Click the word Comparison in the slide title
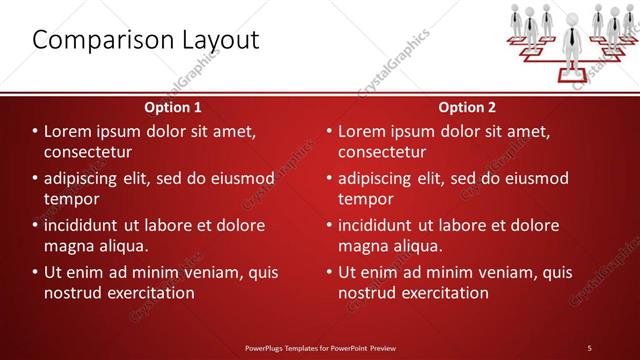96,40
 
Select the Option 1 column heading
173,106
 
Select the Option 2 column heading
467,106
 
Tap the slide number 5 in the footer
589,347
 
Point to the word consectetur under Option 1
88,152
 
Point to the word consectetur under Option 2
382,152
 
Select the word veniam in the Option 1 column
207,272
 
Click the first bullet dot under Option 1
34,131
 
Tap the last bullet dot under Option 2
328,272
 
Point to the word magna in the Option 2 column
366,246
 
